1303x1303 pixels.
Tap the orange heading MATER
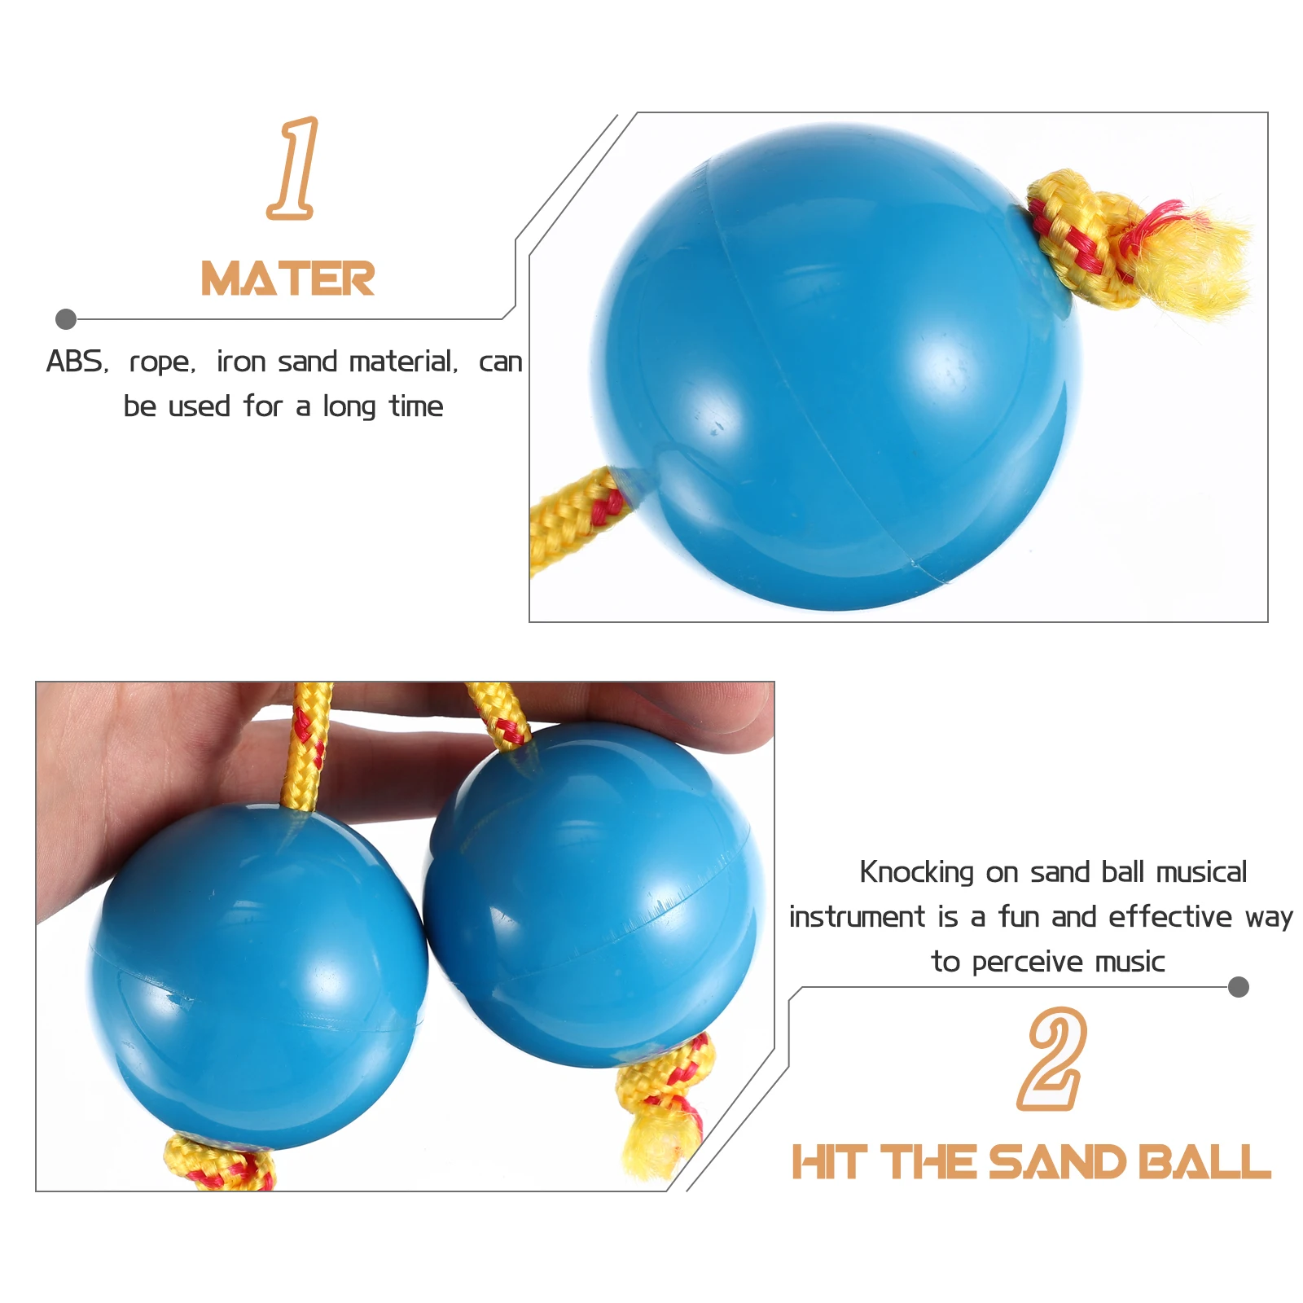click(287, 279)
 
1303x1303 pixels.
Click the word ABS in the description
click(76, 362)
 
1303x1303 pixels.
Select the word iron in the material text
click(241, 362)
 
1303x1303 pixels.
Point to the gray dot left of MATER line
click(66, 319)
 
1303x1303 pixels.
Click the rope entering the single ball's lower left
click(574, 516)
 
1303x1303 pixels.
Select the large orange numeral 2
click(1052, 1059)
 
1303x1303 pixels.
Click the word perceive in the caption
click(1028, 963)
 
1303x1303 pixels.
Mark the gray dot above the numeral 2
click(1238, 987)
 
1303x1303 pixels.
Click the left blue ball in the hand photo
click(257, 973)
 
